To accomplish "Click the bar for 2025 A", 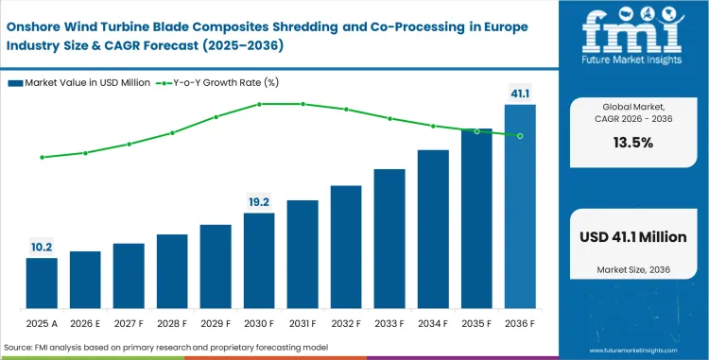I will point(41,283).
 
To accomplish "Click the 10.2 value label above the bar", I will point(41,246).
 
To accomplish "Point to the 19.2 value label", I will point(259,201).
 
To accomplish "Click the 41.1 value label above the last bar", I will point(520,93).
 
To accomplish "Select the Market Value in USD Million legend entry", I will point(80,83).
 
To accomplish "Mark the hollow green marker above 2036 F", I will point(520,135).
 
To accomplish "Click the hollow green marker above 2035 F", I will point(476,131).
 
